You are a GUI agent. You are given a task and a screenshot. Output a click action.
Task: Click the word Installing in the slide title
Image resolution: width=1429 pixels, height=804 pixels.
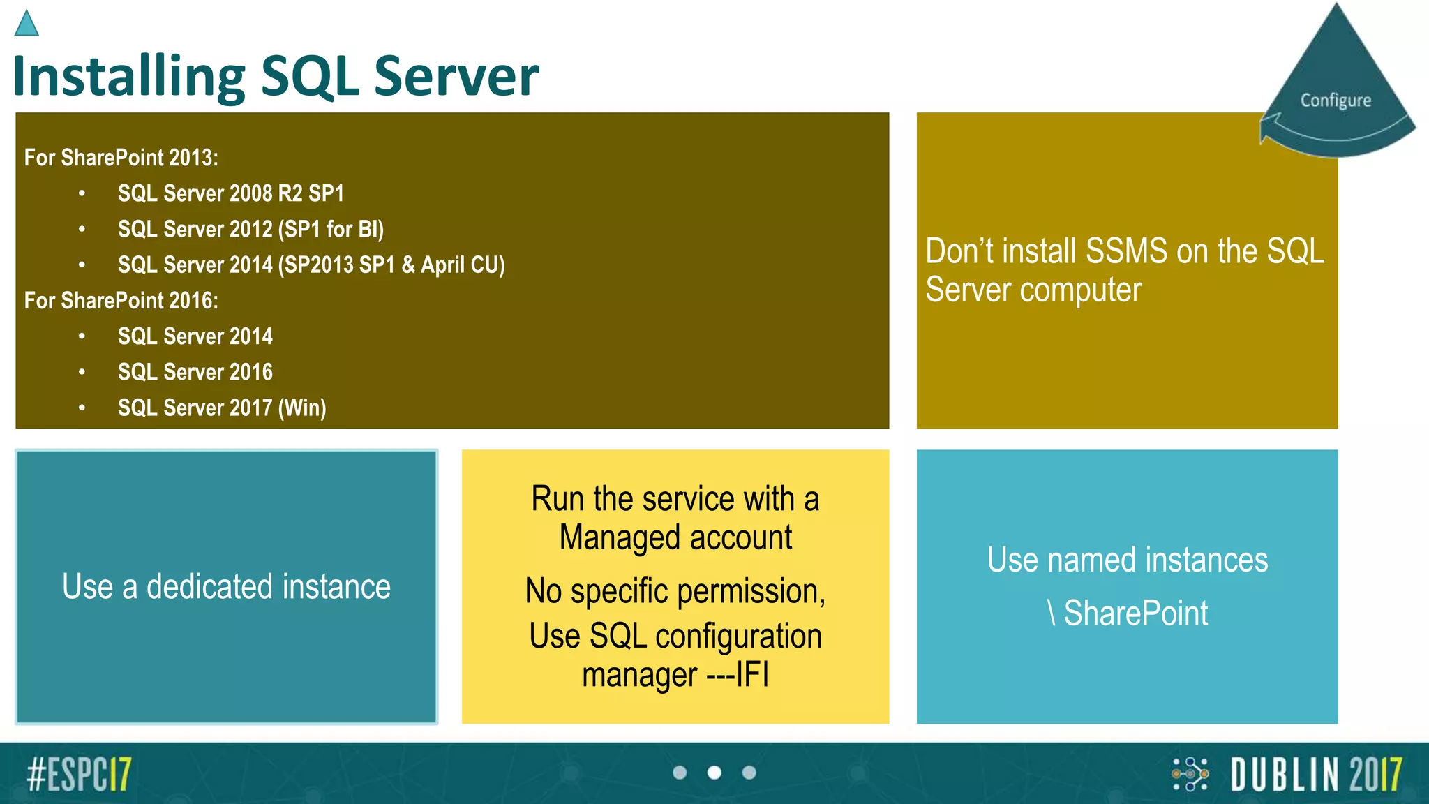click(129, 77)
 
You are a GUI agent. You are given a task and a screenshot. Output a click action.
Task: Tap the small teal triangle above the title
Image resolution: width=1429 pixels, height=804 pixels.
click(27, 24)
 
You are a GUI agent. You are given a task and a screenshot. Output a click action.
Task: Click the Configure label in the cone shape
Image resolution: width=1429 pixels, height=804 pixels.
click(1336, 100)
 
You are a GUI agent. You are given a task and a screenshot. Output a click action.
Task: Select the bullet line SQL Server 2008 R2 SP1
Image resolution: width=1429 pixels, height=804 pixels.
click(231, 193)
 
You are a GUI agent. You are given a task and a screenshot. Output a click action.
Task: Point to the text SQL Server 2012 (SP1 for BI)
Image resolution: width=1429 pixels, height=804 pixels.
click(250, 229)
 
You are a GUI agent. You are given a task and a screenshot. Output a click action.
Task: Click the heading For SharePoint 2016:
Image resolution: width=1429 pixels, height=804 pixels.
click(121, 301)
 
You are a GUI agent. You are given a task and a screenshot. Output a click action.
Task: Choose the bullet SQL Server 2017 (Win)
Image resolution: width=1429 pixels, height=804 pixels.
click(222, 408)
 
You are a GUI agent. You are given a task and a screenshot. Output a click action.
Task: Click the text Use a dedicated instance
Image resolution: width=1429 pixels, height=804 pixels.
click(226, 586)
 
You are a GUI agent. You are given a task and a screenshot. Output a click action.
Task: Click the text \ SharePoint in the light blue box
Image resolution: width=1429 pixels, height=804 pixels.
click(1128, 613)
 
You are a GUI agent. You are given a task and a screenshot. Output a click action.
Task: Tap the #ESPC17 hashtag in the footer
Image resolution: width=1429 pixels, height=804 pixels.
click(79, 774)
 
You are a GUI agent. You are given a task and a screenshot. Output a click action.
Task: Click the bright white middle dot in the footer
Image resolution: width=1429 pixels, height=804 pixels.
click(714, 773)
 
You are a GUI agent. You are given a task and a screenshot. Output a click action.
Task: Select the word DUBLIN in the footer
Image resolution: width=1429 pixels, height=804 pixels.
click(1285, 775)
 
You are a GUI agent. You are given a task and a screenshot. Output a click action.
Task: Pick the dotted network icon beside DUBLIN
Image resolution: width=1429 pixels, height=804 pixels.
click(1190, 774)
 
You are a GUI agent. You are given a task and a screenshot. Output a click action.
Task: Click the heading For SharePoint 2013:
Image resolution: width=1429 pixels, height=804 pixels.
click(121, 158)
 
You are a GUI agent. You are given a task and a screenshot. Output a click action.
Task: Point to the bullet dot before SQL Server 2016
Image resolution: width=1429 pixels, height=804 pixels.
click(82, 372)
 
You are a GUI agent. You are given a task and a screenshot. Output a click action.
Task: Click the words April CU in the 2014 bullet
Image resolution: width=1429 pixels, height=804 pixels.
click(462, 265)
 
